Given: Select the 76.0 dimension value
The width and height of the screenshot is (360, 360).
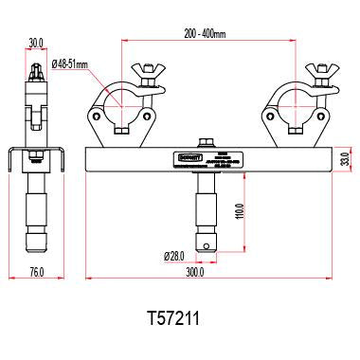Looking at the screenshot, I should (x=36, y=273).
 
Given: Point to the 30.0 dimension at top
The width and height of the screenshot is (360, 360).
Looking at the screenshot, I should (x=37, y=43).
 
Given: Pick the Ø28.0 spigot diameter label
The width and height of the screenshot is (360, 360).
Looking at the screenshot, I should (x=173, y=256).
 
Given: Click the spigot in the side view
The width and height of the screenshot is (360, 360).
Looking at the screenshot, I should (x=37, y=213).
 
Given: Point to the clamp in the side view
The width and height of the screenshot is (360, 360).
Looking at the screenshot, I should (x=37, y=104).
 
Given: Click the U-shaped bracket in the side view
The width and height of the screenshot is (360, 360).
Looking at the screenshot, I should (x=37, y=161).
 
